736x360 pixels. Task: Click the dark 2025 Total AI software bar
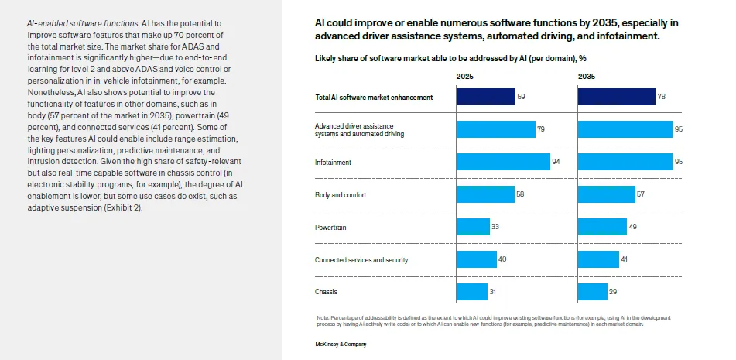point(485,97)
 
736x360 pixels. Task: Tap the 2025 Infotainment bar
point(502,162)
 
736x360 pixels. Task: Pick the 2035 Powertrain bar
point(602,227)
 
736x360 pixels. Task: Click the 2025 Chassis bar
point(471,292)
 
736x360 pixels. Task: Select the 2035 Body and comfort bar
point(606,194)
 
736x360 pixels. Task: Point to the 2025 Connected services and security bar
point(475,259)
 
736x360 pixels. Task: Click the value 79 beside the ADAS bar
point(541,129)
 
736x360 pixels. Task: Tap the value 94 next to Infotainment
point(556,162)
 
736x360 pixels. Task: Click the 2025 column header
point(464,77)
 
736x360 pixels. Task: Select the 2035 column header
point(587,77)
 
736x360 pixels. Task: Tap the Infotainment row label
point(333,163)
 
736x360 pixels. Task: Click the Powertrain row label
point(331,228)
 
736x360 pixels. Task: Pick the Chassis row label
point(327,292)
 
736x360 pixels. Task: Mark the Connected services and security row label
point(361,260)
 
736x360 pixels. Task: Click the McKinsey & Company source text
point(341,343)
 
